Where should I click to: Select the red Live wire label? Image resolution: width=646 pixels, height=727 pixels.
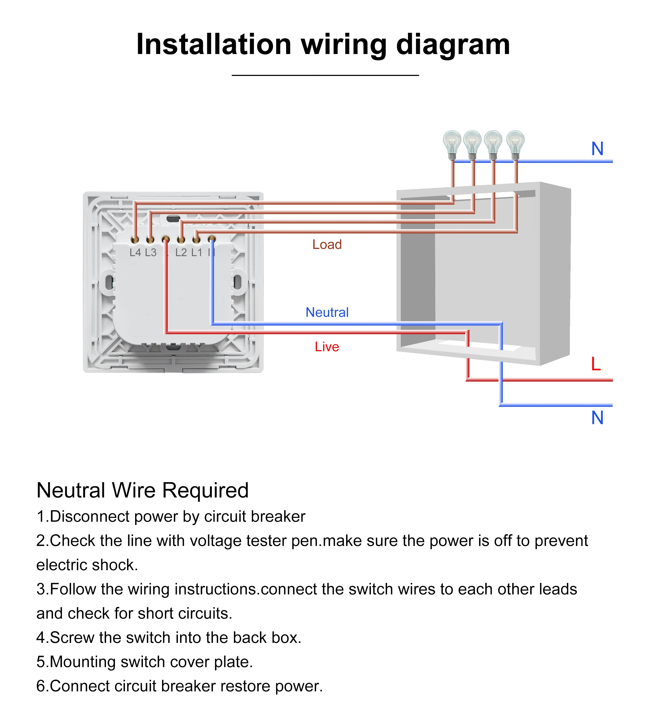coord(326,347)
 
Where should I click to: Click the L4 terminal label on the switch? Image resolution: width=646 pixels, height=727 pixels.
coord(135,253)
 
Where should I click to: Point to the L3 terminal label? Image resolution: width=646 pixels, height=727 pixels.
coord(151,253)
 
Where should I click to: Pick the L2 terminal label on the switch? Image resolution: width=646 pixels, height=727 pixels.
coord(181,253)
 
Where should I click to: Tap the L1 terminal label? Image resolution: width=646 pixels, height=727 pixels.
coord(196,253)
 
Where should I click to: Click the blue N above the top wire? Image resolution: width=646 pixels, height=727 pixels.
coord(597,149)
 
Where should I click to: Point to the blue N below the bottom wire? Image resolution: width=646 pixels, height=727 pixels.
coord(597,418)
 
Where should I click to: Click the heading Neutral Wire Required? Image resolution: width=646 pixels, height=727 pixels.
coord(142,490)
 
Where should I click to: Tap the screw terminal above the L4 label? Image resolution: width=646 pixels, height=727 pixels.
coord(135,240)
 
